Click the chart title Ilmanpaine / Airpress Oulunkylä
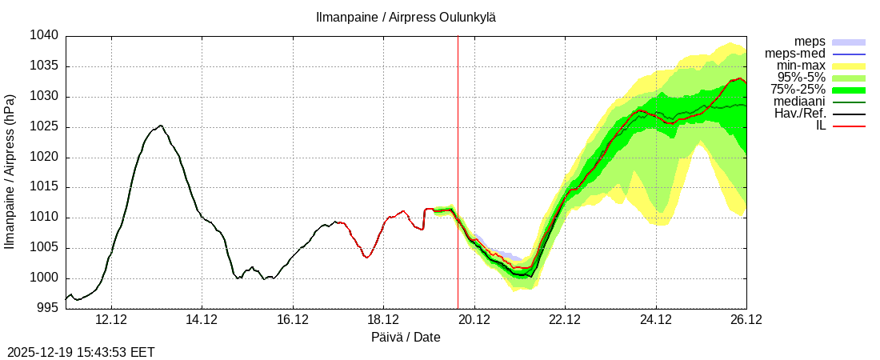[x=405, y=17]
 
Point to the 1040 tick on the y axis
[x=45, y=36]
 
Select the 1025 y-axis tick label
[x=45, y=127]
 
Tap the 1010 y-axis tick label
[x=45, y=218]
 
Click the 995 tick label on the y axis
[x=48, y=309]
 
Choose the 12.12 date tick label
[x=111, y=320]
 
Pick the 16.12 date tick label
[x=293, y=320]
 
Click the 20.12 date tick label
[x=474, y=320]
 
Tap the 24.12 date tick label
[x=656, y=320]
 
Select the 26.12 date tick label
[x=746, y=320]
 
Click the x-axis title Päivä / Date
[x=406, y=337]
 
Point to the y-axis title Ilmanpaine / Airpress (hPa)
[x=10, y=172]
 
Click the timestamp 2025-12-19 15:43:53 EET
[x=81, y=351]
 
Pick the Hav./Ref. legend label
[x=799, y=114]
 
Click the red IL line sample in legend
[x=849, y=126]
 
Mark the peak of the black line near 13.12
[x=161, y=126]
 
